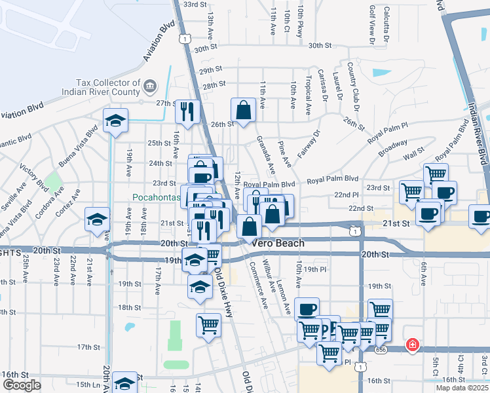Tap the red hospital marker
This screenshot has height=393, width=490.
(413, 344)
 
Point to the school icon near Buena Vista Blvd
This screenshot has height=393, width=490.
(115, 121)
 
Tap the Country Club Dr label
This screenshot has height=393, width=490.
(354, 81)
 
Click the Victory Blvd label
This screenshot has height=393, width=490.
(30, 177)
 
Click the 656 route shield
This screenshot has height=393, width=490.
(380, 350)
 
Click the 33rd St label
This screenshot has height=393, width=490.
(195, 4)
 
